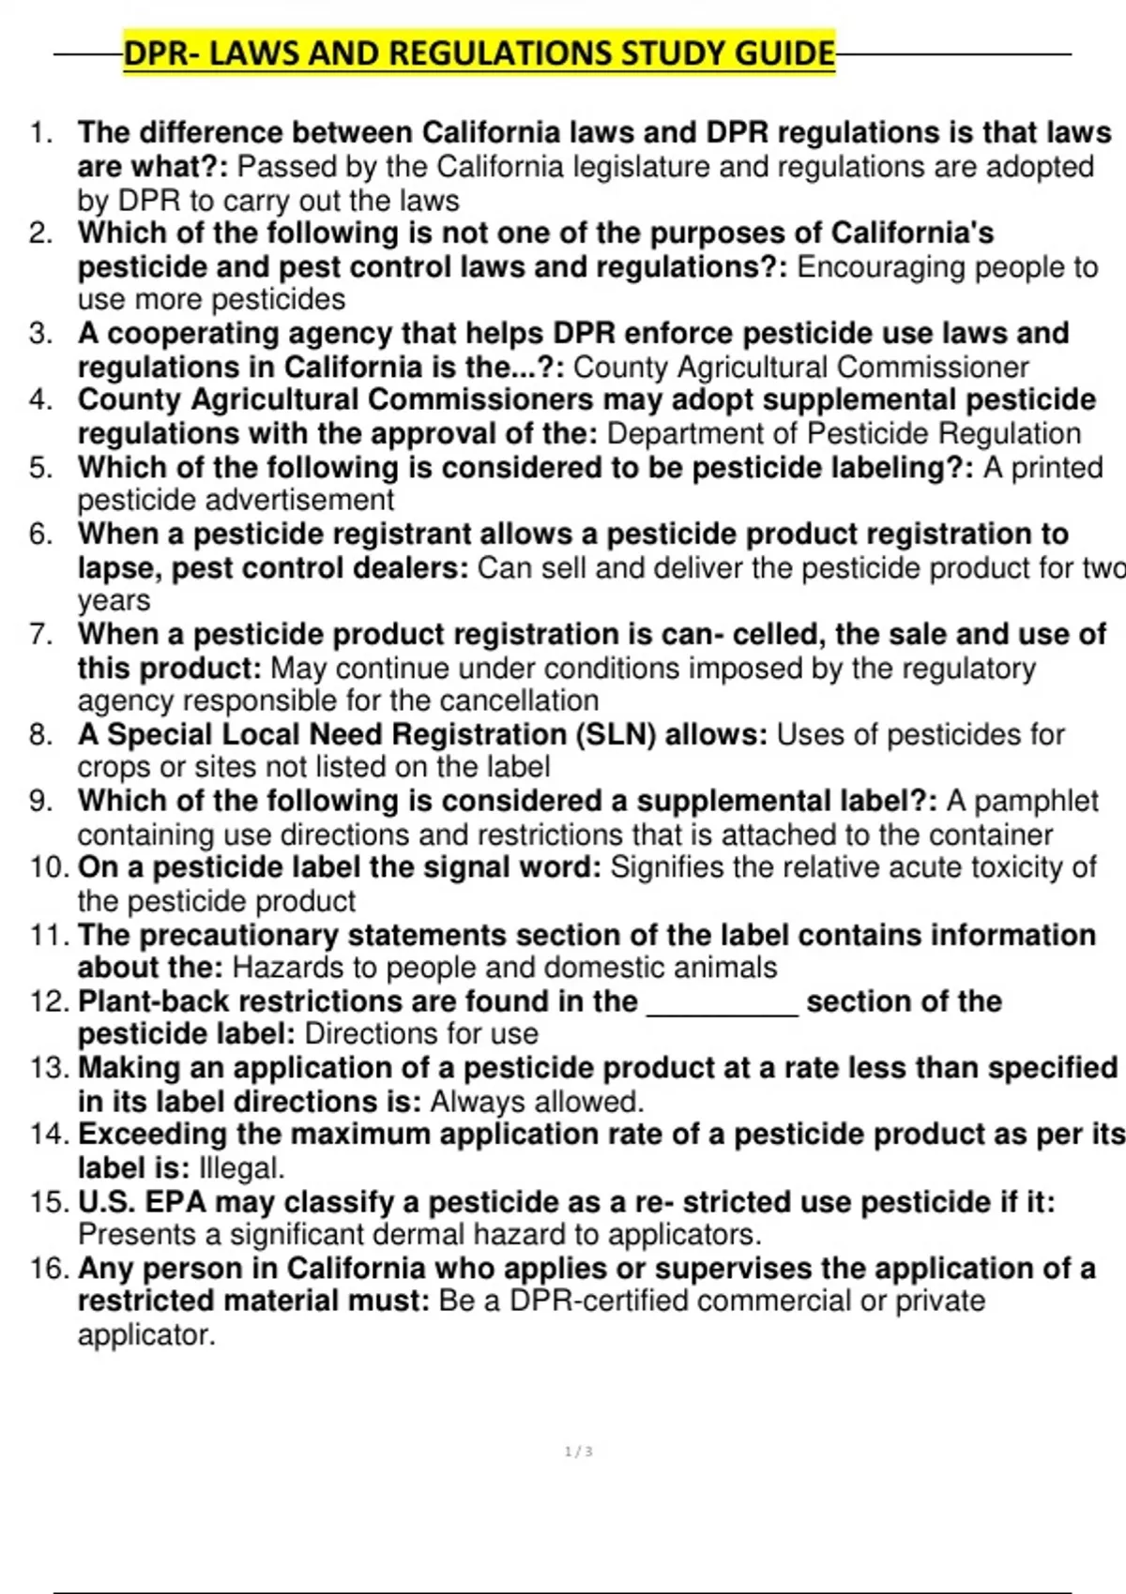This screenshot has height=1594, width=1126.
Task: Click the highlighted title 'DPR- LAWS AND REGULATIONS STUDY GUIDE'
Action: pyautogui.click(x=479, y=53)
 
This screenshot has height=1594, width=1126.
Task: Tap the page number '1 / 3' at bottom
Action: pyautogui.click(x=578, y=1451)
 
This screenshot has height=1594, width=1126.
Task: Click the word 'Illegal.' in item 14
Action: pyautogui.click(x=242, y=1167)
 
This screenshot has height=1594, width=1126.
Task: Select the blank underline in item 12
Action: pyautogui.click(x=723, y=1003)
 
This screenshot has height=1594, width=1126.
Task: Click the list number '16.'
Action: pyautogui.click(x=49, y=1268)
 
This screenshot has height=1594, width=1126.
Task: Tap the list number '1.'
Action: pyautogui.click(x=42, y=133)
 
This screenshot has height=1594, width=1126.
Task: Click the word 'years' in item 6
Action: pyautogui.click(x=114, y=600)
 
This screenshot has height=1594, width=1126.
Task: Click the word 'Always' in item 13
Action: pyautogui.click(x=474, y=1101)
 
